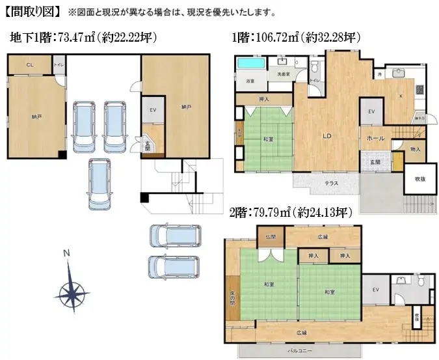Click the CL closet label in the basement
(x=30, y=65)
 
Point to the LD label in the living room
(x=329, y=137)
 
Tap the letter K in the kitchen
(x=401, y=96)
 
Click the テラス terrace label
(x=331, y=183)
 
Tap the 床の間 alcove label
(x=232, y=300)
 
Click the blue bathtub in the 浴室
(x=251, y=64)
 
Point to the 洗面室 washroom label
(x=284, y=75)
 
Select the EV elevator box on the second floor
(x=376, y=290)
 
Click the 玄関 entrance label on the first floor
(x=375, y=162)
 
